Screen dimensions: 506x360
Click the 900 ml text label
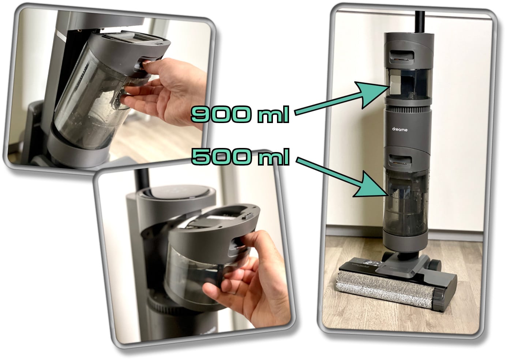[x=240, y=114]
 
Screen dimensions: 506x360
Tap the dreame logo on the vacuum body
[x=400, y=130]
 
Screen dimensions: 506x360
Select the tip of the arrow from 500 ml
[x=389, y=195]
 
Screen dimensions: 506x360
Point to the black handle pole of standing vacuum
[x=420, y=22]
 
